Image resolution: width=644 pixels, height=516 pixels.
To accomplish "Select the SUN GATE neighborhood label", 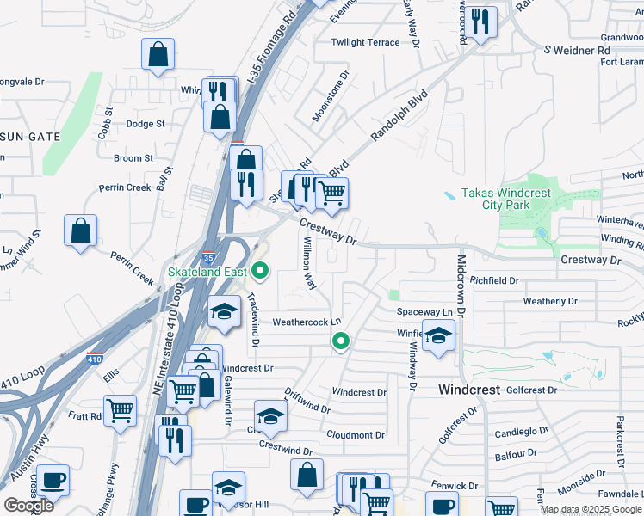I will (30, 137).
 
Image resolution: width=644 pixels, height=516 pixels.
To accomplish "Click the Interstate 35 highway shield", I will (208, 257).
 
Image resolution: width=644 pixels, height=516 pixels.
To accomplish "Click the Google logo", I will (28, 506).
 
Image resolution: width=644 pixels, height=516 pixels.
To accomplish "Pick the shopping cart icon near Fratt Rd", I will (120, 410).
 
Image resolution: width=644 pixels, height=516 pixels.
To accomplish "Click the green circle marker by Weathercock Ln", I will (341, 342).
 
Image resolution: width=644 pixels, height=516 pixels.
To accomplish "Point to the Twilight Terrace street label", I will (366, 42).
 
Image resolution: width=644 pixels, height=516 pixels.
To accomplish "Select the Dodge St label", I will (145, 124).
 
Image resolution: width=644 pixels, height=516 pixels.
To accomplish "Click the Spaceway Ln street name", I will (424, 311).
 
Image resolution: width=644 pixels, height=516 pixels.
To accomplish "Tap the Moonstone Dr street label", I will (330, 95).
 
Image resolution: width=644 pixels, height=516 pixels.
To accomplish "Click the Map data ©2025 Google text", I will (591, 509).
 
